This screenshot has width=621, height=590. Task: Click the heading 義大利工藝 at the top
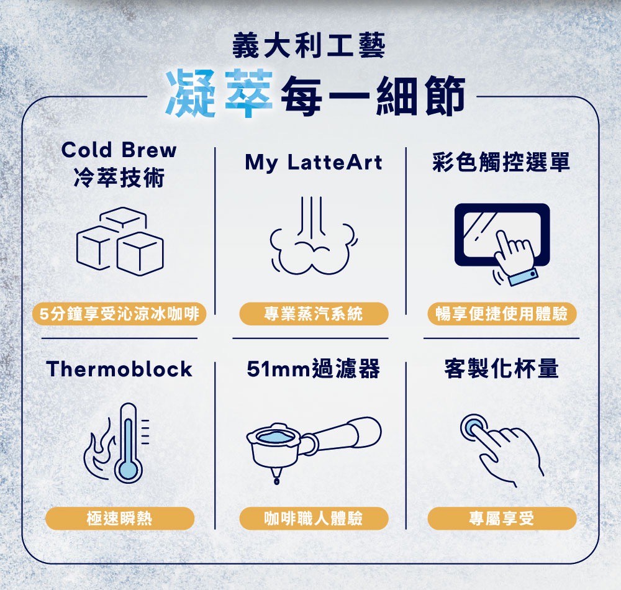click(x=309, y=47)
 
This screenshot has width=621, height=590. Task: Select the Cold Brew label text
click(x=119, y=150)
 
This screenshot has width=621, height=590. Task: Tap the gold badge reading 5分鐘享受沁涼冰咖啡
click(x=120, y=314)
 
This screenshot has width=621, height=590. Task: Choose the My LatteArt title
click(x=314, y=163)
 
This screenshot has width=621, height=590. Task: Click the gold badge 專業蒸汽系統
click(x=313, y=314)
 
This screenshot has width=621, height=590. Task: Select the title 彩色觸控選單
click(x=501, y=163)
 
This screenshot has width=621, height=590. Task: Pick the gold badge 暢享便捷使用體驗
click(x=502, y=314)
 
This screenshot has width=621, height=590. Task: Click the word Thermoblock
click(x=120, y=370)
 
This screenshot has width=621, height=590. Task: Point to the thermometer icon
click(x=128, y=443)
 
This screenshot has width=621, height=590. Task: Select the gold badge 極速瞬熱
click(x=120, y=518)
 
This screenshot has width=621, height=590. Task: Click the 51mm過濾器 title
click(x=313, y=370)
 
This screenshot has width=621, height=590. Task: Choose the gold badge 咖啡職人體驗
click(x=313, y=518)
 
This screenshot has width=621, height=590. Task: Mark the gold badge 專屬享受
click(x=502, y=518)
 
